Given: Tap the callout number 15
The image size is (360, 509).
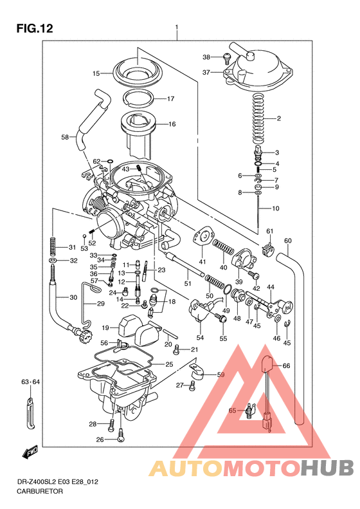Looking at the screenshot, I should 96,74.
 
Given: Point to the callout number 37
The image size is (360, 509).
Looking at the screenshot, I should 206,72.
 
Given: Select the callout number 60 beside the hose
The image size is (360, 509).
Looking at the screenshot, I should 287,241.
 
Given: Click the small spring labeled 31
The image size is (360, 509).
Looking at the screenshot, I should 53,247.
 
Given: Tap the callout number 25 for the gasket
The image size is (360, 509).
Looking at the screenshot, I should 169,365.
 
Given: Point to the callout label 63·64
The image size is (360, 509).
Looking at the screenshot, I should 30,383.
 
